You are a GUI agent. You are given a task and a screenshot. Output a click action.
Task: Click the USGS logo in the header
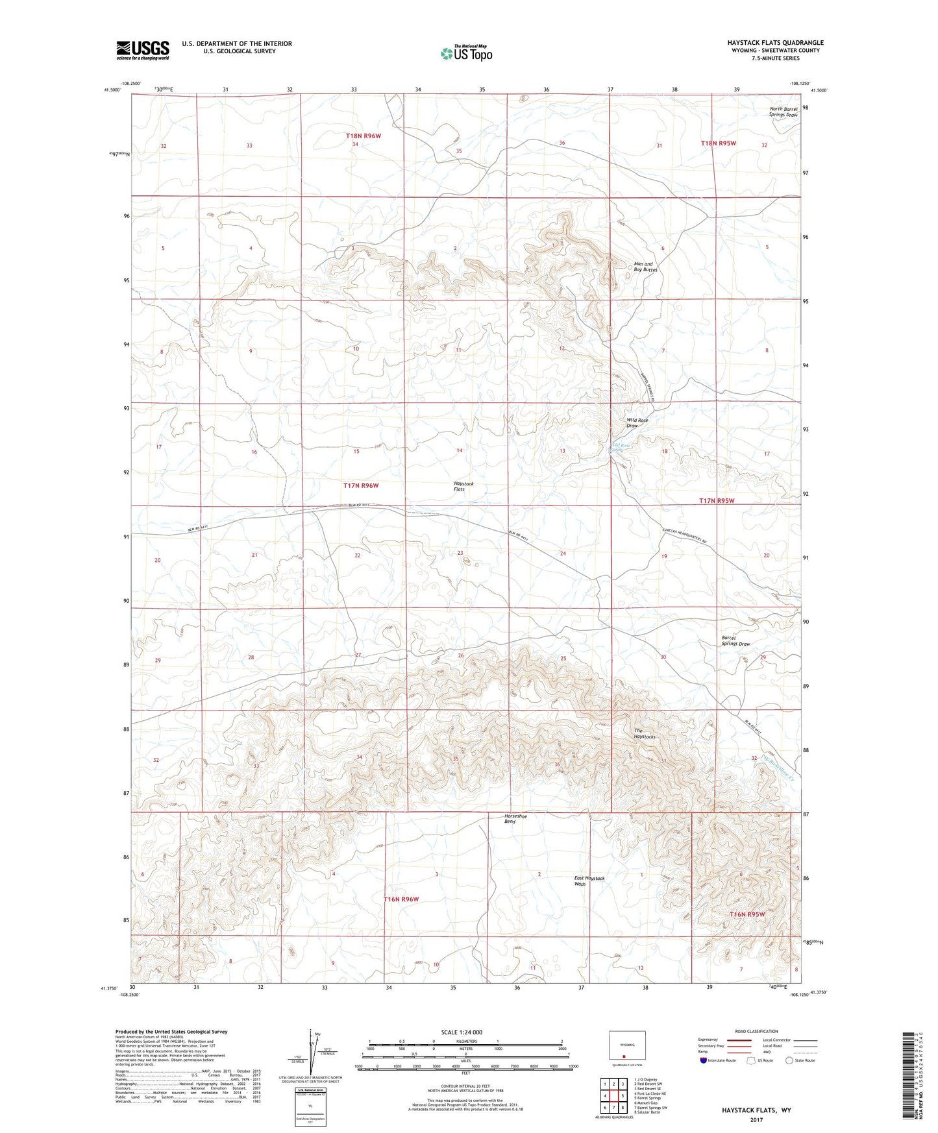tap(143, 50)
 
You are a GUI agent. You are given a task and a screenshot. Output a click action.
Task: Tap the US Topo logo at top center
tap(465, 53)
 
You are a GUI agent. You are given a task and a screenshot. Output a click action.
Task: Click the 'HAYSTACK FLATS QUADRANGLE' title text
tap(775, 43)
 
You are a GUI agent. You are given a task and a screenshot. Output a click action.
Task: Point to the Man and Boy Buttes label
tap(645, 267)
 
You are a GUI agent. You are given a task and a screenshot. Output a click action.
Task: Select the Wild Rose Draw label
tap(637, 423)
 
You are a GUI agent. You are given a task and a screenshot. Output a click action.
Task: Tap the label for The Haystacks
tap(645, 734)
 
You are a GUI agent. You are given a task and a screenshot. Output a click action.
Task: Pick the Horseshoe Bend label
tap(515, 818)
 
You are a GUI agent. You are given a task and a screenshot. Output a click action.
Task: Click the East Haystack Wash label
tap(589, 881)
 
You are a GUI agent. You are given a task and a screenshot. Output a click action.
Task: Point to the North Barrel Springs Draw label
tap(783, 112)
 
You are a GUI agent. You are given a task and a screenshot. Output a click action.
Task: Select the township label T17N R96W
tap(360, 485)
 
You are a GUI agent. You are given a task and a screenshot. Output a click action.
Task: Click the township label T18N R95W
tap(719, 143)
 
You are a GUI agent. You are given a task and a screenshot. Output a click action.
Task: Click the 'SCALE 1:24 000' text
tap(462, 1032)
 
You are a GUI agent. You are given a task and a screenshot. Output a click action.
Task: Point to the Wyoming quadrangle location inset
tap(626, 1048)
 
